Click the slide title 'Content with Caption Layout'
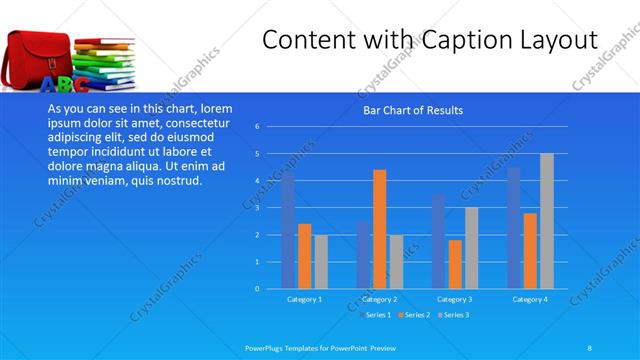(x=430, y=40)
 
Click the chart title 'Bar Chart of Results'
(x=412, y=110)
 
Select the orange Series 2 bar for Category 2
(x=380, y=229)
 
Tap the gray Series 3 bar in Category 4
(x=547, y=221)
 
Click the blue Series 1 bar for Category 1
(x=288, y=232)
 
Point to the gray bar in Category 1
(x=321, y=262)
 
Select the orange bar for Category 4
(x=530, y=251)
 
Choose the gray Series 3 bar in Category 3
(x=471, y=248)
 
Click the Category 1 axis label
(x=304, y=299)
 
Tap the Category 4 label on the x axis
(x=530, y=299)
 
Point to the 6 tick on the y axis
(x=257, y=127)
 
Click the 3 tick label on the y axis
(x=257, y=208)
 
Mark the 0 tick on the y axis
(x=257, y=289)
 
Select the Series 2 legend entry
(x=414, y=315)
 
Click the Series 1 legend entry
(x=376, y=315)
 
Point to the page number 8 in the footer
(x=589, y=347)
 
